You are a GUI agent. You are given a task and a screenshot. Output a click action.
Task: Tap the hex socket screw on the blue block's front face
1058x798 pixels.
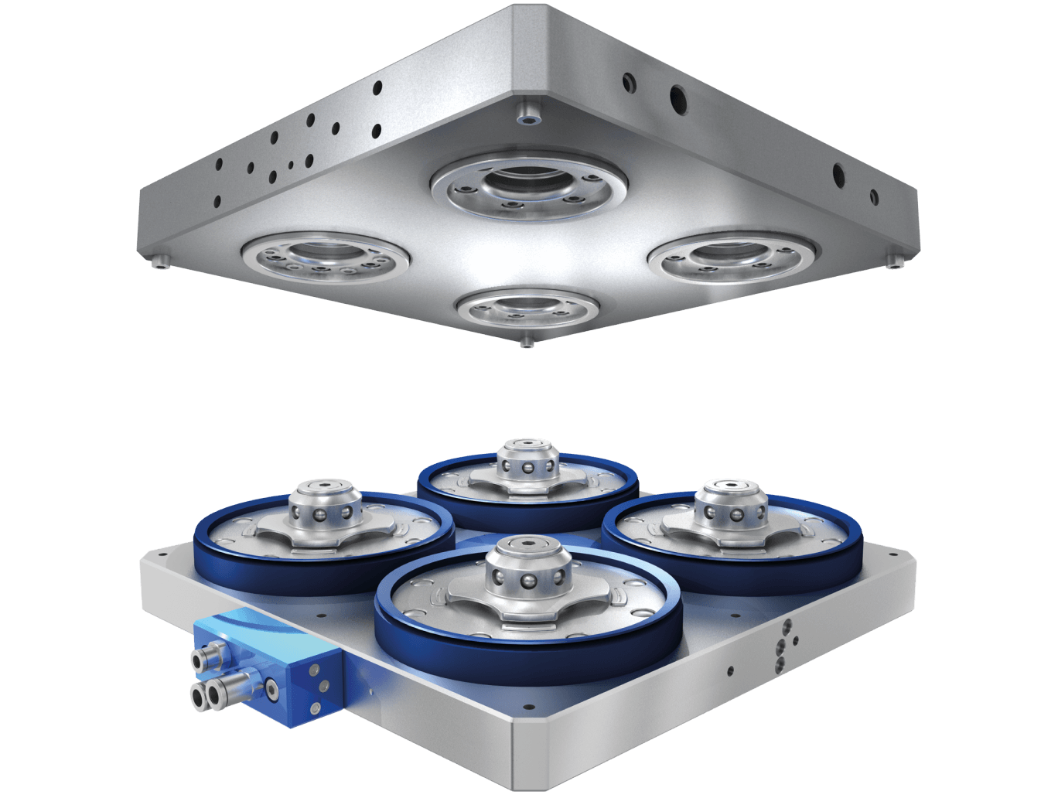click(271, 685)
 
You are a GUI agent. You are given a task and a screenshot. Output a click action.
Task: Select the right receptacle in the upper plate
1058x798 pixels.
click(732, 256)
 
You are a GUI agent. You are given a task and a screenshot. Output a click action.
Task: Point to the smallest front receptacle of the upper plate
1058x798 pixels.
click(527, 309)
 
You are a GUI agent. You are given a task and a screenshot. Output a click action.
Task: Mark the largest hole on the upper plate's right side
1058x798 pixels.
click(677, 97)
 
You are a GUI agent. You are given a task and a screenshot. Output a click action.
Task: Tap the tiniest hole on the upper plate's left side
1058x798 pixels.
click(290, 164)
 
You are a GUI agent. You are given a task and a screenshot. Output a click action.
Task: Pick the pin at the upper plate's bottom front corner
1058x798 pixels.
click(527, 341)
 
